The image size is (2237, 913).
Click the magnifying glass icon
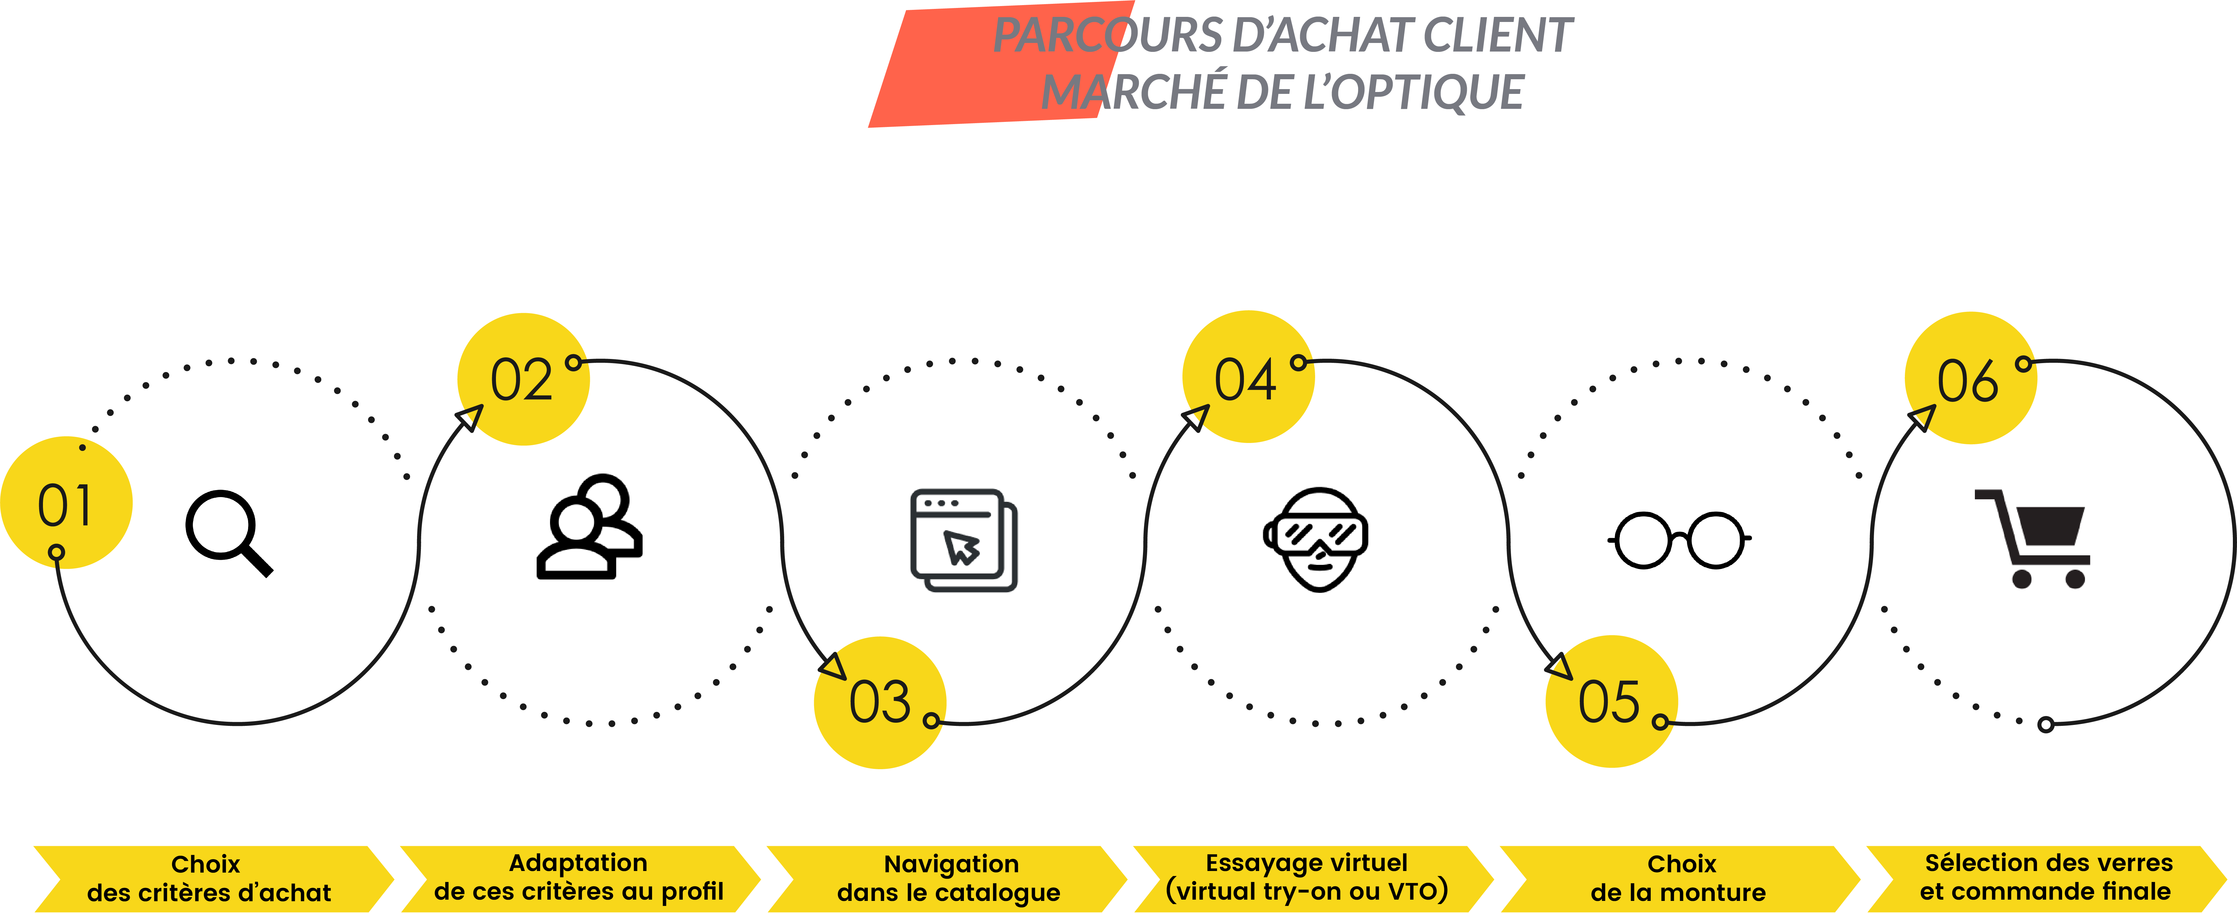[227, 532]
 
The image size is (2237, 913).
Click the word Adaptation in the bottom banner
[578, 863]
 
